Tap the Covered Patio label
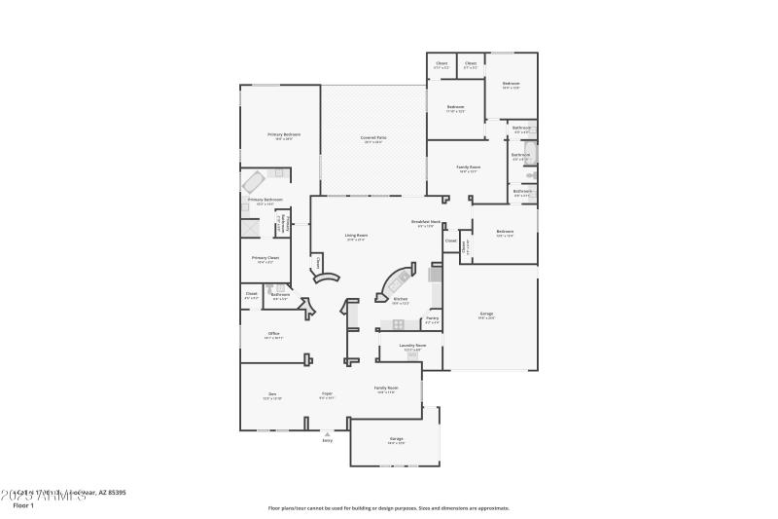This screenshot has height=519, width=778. (373, 139)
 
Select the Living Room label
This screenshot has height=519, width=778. (356, 235)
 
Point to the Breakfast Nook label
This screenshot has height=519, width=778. (426, 223)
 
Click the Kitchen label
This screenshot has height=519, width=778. (400, 300)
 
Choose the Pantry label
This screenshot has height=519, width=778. (432, 318)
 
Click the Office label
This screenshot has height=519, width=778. (274, 334)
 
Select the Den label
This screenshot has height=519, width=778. (272, 394)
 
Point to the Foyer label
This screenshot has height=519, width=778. (328, 394)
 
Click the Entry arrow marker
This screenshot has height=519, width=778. (327, 433)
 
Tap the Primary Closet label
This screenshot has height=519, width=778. (265, 259)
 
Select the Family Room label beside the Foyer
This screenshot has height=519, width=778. (386, 389)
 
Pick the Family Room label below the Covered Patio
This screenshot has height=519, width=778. (469, 167)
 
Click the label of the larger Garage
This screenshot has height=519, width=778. (486, 315)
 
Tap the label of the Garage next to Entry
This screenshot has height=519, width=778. (397, 440)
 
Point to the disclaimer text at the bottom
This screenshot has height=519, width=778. (388, 507)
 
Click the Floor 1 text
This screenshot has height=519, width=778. (22, 505)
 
